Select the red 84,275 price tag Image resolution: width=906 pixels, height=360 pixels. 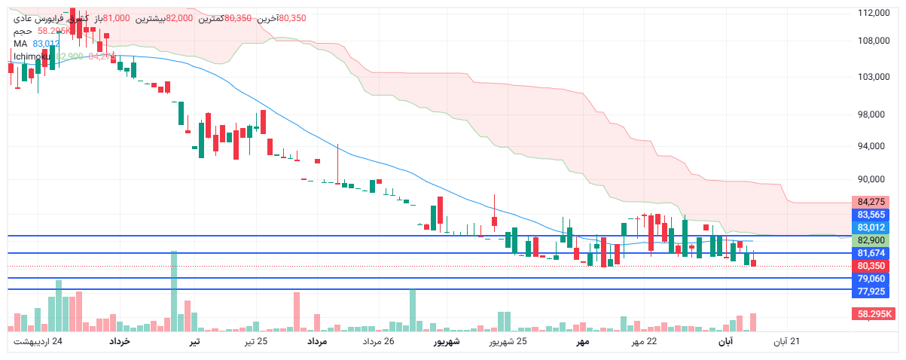coord(871,202)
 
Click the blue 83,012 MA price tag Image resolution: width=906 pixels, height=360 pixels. coord(871,227)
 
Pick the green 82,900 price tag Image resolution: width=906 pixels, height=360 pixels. coord(871,240)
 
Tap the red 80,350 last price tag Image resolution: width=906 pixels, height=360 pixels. coord(871,266)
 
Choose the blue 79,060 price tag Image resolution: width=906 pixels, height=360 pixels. coord(871,279)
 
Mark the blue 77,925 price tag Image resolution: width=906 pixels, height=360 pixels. coord(871,291)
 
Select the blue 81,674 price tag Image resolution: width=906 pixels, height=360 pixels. coord(871,253)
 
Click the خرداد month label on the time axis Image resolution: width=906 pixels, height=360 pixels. coord(120,342)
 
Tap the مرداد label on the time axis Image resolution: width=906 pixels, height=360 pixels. coord(316,342)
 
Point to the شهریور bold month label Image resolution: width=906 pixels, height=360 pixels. coord(445,342)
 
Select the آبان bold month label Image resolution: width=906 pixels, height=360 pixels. coord(724,342)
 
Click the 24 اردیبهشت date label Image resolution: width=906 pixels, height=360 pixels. coord(38,342)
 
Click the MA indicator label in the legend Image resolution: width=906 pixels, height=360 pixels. coord(20,44)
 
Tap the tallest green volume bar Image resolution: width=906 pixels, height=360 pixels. coord(174,291)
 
